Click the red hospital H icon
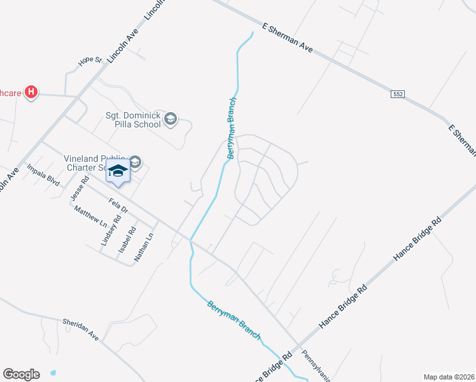pos(31,93)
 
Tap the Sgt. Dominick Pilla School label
pos(133,120)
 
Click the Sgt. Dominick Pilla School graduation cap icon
pos(170,118)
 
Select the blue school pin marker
pos(118,171)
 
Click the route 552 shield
pos(398,94)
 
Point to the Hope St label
pos(90,60)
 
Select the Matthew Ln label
pos(90,216)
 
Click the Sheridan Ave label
pos(81,329)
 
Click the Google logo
pos(21,374)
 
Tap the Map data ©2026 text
pos(449,377)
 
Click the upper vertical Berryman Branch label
pos(232,128)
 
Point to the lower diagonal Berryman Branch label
pos(234,320)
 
